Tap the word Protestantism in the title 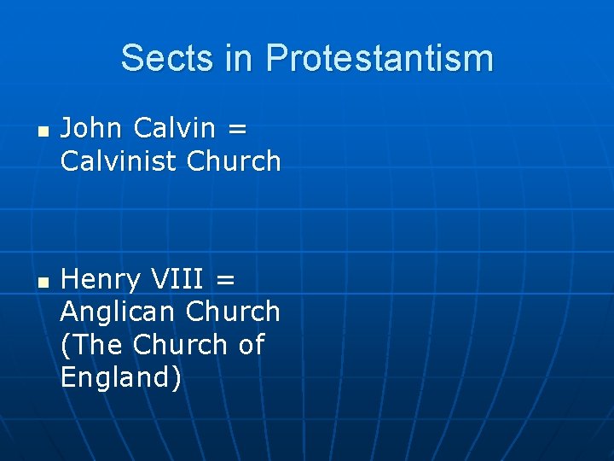pyautogui.click(x=379, y=58)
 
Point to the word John pyautogui.click(x=91, y=128)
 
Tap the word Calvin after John pyautogui.click(x=175, y=128)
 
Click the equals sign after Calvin pyautogui.click(x=238, y=130)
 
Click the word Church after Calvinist pyautogui.click(x=232, y=160)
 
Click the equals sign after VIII pyautogui.click(x=227, y=280)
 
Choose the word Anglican pyautogui.click(x=116, y=312)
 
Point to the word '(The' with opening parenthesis pyautogui.click(x=92, y=345)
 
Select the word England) pyautogui.click(x=121, y=378)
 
